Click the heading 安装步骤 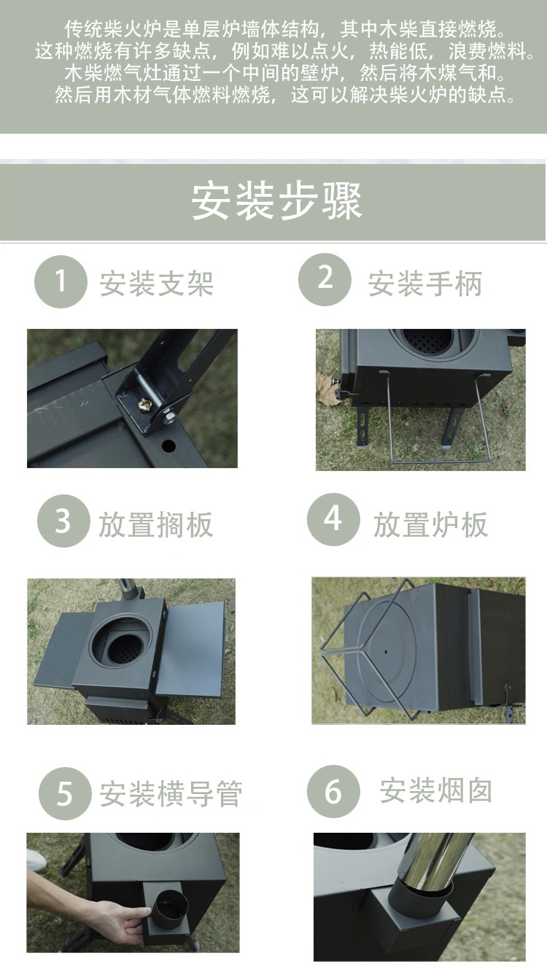pyautogui.click(x=276, y=201)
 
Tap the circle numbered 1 pyautogui.click(x=61, y=281)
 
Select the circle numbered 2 pyautogui.click(x=325, y=279)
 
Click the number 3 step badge pyautogui.click(x=63, y=521)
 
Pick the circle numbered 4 pyautogui.click(x=333, y=519)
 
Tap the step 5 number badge pyautogui.click(x=65, y=793)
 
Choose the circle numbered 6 pyautogui.click(x=333, y=791)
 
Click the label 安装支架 pyautogui.click(x=157, y=284)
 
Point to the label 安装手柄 pyautogui.click(x=424, y=284)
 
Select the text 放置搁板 pyautogui.click(x=155, y=524)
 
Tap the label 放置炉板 pyautogui.click(x=430, y=524)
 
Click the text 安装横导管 pyautogui.click(x=171, y=794)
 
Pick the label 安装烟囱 pyautogui.click(x=436, y=790)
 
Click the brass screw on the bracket pyautogui.click(x=143, y=404)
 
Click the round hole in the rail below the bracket pyautogui.click(x=168, y=446)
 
